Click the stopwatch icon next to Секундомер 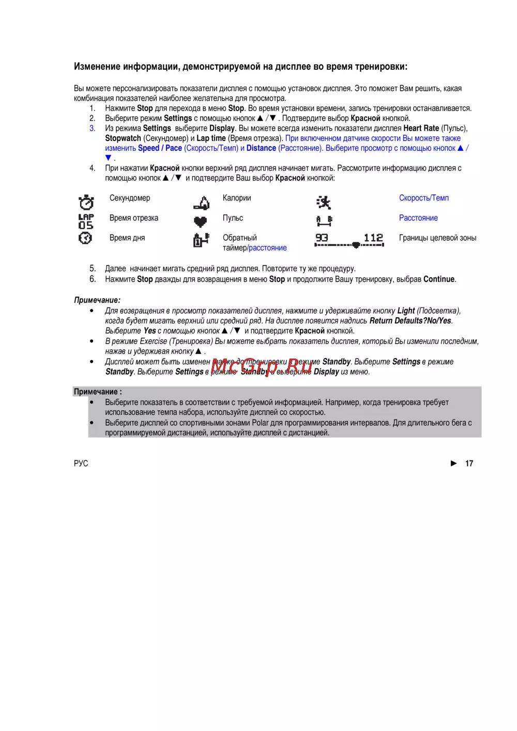(x=86, y=202)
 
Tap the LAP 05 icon (x=86, y=221)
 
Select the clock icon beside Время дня (x=85, y=238)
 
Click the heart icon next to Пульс (x=200, y=222)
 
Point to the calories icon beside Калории (x=202, y=203)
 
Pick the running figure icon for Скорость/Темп (x=324, y=202)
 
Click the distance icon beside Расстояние (x=324, y=221)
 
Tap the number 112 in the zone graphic (x=373, y=238)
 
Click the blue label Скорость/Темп (x=424, y=198)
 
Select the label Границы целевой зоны (x=437, y=238)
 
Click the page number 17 (x=469, y=463)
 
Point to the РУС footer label (x=81, y=463)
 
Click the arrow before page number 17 (x=454, y=463)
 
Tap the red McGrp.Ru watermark (x=262, y=366)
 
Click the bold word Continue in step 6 (x=439, y=279)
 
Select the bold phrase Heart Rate (x=421, y=128)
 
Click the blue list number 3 (x=92, y=128)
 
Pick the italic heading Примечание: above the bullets (x=97, y=300)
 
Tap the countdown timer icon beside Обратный (x=201, y=240)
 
